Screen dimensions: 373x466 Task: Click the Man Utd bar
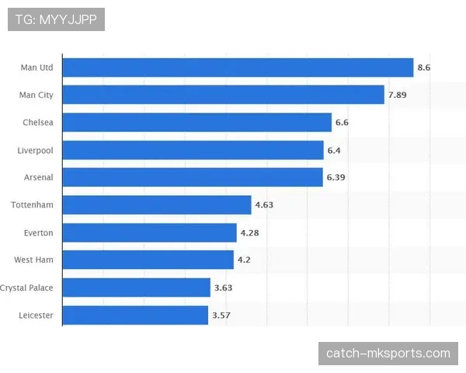[237, 68]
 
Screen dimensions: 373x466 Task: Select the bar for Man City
[223, 95]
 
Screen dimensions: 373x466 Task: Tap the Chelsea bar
[196, 123]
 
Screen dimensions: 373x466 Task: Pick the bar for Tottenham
[156, 205]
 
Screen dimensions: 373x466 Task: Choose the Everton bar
[149, 232]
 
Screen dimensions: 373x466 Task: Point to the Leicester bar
[135, 315]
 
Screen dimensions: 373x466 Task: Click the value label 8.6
[423, 68]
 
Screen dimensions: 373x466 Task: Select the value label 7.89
[397, 96]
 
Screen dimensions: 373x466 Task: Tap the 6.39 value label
[336, 178]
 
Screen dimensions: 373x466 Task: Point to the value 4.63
[264, 205]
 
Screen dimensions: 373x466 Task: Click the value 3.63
[223, 288]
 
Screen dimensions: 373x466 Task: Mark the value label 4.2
[244, 260]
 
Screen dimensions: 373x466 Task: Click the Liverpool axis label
[36, 150]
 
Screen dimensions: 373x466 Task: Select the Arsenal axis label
[39, 178]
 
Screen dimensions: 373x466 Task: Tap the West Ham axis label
[34, 260]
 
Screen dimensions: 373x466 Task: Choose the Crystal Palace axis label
[27, 288]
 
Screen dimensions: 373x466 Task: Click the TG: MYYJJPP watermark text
[56, 19]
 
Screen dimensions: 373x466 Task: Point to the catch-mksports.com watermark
[388, 354]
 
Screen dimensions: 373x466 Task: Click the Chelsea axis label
[38, 123]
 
